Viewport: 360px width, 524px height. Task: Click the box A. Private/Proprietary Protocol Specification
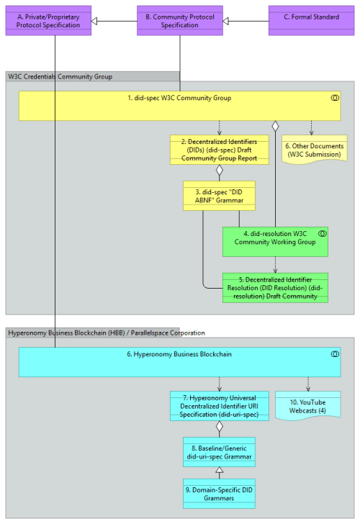click(x=48, y=21)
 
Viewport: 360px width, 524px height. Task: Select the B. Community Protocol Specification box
click(x=180, y=21)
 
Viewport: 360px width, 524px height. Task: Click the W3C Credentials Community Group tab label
click(x=60, y=76)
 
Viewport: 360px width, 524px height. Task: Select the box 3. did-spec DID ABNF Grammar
click(x=219, y=195)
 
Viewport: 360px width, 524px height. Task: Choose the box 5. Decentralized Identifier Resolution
click(x=274, y=286)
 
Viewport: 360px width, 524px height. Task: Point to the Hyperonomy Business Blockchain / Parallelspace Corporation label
click(x=106, y=333)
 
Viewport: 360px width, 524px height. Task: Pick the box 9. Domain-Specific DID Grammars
click(x=219, y=493)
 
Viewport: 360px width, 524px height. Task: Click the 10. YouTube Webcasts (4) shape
click(x=308, y=406)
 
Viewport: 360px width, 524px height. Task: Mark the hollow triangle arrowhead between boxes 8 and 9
click(x=219, y=471)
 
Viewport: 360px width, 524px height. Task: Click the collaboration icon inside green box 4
click(x=322, y=232)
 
